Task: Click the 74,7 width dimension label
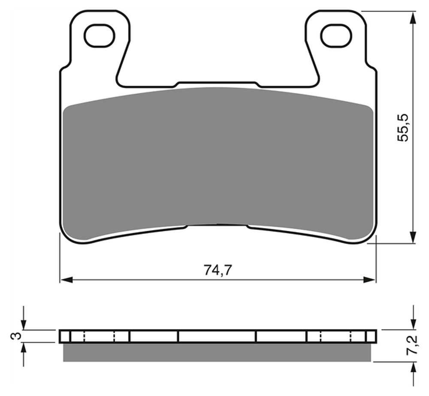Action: (218, 271)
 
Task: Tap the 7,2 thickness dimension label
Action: (412, 345)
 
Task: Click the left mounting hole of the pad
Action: (100, 36)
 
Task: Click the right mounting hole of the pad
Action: (336, 36)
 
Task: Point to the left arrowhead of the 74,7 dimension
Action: (66, 280)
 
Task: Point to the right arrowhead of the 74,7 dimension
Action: (369, 280)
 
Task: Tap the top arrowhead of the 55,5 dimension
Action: (413, 18)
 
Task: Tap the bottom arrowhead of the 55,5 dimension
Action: (413, 236)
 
